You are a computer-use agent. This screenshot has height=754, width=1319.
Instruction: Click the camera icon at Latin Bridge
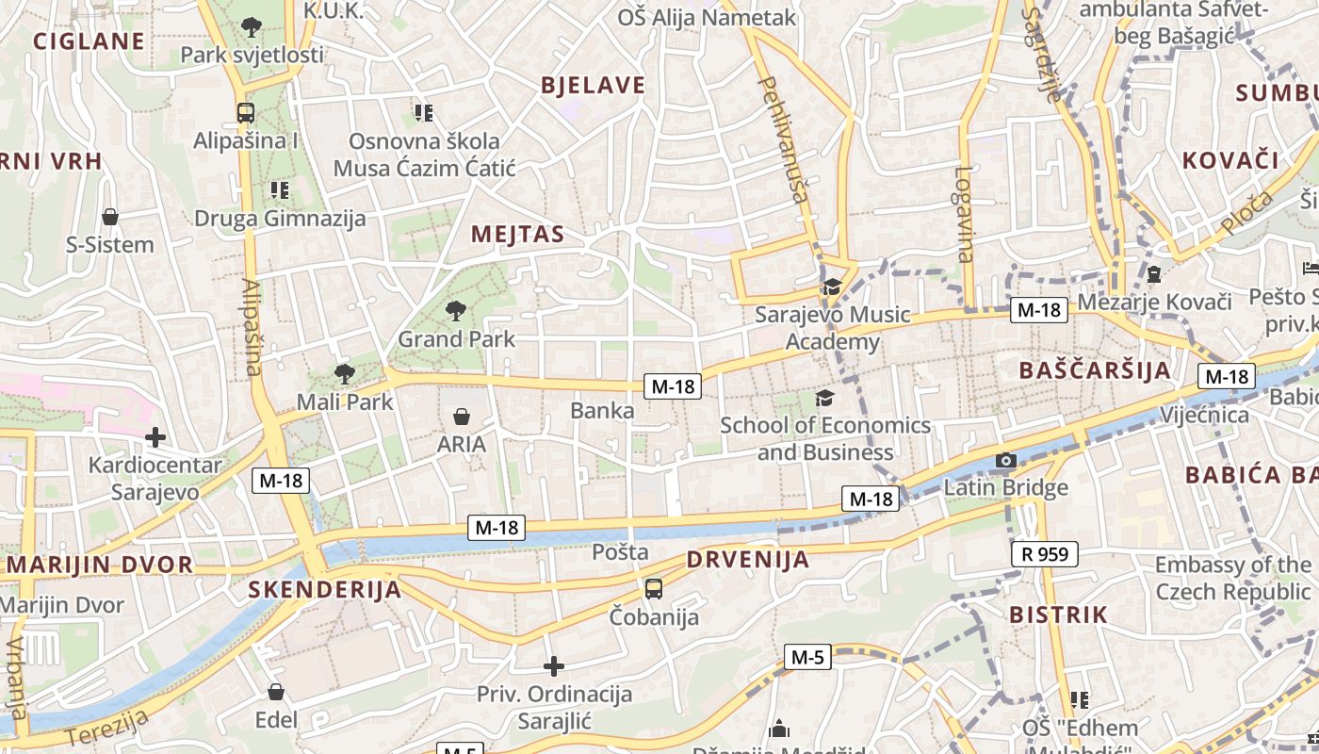point(1006,461)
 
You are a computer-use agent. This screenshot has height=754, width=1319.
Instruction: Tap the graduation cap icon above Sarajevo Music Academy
point(831,287)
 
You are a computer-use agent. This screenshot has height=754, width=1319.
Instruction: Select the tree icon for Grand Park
point(456,310)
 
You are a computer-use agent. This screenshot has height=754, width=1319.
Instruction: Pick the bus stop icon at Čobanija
point(653,589)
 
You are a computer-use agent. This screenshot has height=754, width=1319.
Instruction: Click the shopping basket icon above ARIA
point(462,417)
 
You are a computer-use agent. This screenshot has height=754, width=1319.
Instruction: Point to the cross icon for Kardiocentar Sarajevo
point(155,437)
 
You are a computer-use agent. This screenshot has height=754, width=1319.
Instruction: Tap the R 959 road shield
point(1044,554)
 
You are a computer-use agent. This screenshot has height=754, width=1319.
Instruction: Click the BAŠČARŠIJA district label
point(1095,370)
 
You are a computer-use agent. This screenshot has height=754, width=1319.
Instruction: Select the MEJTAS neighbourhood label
point(517,235)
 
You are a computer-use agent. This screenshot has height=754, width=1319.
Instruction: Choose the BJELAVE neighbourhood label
point(593,86)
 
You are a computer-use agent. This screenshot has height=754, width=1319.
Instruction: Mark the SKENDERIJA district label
point(324,590)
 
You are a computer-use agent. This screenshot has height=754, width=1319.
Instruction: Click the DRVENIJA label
point(747,560)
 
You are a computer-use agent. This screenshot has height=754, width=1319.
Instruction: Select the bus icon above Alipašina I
point(245,113)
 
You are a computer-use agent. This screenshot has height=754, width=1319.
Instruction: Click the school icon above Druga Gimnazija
point(279,190)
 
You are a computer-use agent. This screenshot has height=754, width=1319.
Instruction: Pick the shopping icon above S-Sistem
point(110,218)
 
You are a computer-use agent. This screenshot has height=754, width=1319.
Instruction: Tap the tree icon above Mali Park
point(345,373)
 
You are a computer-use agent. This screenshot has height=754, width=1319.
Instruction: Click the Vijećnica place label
point(1204,416)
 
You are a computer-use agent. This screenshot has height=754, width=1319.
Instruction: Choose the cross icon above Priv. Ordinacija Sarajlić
point(554,666)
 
